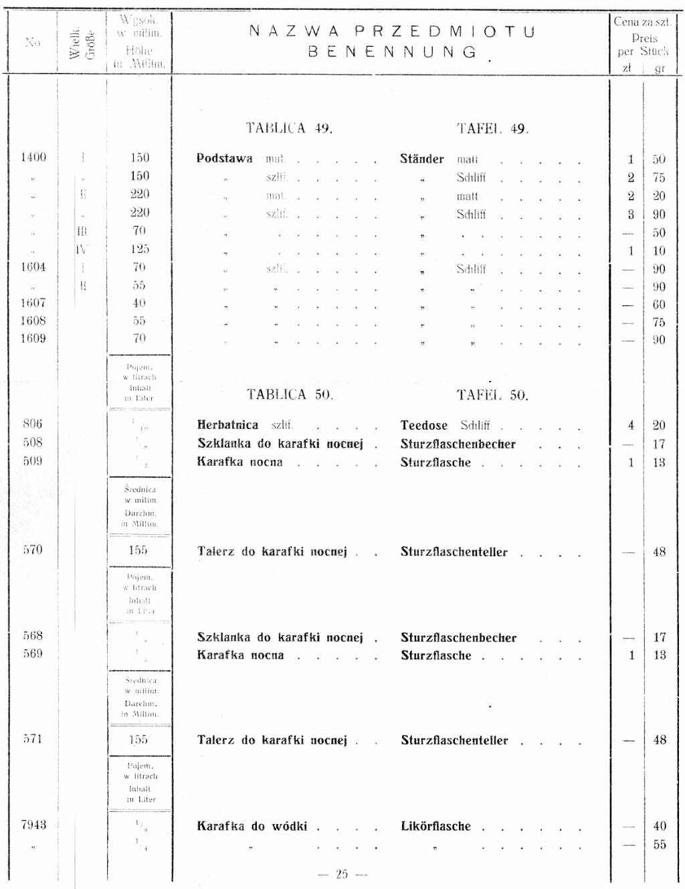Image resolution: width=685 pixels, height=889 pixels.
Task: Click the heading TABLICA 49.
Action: point(289,128)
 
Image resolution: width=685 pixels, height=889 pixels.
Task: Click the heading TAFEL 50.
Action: point(492,395)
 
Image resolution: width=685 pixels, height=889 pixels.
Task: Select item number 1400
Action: point(33,157)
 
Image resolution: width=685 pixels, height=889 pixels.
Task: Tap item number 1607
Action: point(33,303)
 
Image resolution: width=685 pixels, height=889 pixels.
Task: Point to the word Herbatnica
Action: point(227,425)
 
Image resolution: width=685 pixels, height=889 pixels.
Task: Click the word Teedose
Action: point(424,425)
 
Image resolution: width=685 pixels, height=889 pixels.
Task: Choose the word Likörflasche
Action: point(435,826)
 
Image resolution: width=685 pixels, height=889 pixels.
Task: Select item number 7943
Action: point(33,825)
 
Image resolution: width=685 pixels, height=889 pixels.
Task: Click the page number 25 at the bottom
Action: point(342,874)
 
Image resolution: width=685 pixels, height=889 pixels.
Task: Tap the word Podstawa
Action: point(225,159)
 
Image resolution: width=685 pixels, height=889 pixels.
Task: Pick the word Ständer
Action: point(422,159)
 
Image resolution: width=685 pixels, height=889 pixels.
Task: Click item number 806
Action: point(32,423)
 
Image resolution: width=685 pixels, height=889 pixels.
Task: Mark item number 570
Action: point(32,550)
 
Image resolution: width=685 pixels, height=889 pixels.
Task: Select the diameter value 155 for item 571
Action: point(138,740)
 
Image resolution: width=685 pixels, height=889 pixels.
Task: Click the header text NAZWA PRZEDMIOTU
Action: point(392,31)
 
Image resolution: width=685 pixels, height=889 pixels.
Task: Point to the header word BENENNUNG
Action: point(393,52)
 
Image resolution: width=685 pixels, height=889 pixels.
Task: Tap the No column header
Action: point(32,42)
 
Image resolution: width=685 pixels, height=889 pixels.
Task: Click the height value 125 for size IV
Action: point(140,249)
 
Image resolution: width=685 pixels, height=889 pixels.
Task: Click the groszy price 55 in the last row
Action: point(660,845)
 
